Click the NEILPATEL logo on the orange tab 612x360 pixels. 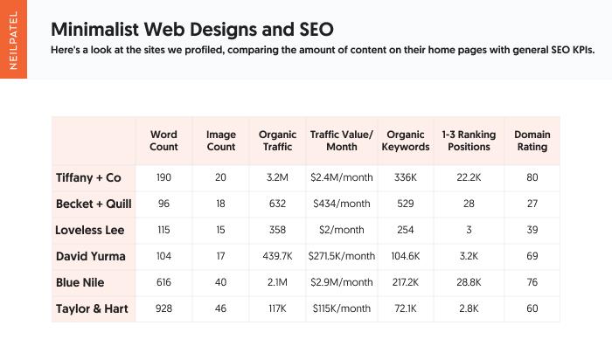coord(12,39)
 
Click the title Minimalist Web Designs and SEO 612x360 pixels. coord(192,29)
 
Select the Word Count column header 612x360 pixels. coord(163,141)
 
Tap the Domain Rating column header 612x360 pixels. coord(532,141)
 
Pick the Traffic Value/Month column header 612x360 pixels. coord(341,141)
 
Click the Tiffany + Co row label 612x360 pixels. coord(88,177)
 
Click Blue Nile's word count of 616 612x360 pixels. coord(163,282)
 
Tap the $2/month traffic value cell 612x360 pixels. coord(341,230)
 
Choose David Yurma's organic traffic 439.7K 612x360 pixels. coord(278,256)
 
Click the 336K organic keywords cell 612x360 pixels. coord(406,177)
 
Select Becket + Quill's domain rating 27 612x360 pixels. coord(532,204)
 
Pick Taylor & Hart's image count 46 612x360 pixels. coord(220,308)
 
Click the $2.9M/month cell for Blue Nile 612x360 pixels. coord(341,282)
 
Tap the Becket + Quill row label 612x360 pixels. coord(94,204)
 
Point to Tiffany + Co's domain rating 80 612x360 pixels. coord(532,177)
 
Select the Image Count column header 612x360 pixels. coord(220,141)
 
